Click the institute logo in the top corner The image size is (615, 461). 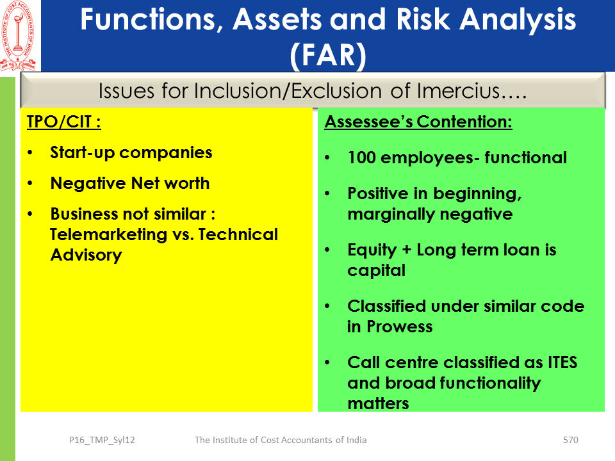pyautogui.click(x=19, y=36)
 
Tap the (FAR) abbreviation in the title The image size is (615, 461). pyautogui.click(x=328, y=55)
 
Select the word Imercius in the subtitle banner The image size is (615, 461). pyautogui.click(x=458, y=90)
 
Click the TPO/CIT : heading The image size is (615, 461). pyautogui.click(x=64, y=122)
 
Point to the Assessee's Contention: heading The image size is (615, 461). pyautogui.click(x=418, y=122)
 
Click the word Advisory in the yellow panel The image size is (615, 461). pyautogui.click(x=86, y=255)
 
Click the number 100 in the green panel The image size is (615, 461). pyautogui.click(x=361, y=158)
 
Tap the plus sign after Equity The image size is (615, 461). pyautogui.click(x=406, y=250)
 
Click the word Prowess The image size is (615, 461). pyautogui.click(x=400, y=327)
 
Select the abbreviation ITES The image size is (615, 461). pyautogui.click(x=562, y=362)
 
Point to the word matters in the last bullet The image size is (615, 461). pyautogui.click(x=378, y=403)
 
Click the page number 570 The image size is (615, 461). pyautogui.click(x=570, y=440)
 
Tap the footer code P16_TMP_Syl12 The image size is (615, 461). pyautogui.click(x=102, y=441)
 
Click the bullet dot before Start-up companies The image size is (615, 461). pyautogui.click(x=30, y=152)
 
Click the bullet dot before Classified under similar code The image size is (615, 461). pyautogui.click(x=327, y=306)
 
